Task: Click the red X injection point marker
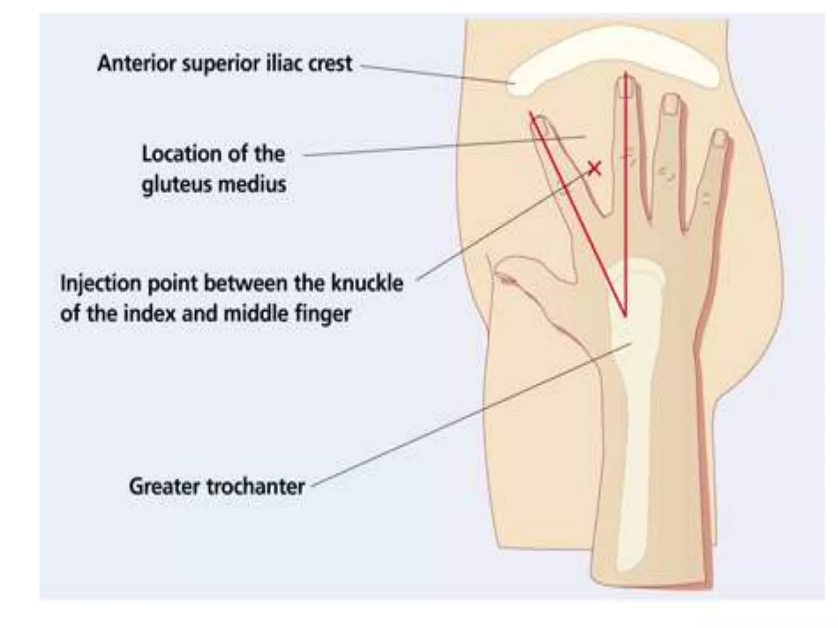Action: [595, 168]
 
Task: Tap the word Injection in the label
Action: [100, 283]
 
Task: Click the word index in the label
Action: [149, 314]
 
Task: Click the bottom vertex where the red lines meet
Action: [625, 316]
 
